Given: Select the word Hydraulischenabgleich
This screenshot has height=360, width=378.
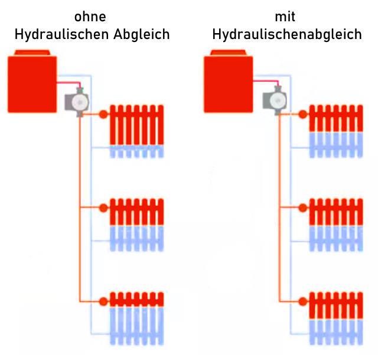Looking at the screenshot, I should click(287, 34).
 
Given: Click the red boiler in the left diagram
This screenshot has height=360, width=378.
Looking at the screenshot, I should click(32, 83).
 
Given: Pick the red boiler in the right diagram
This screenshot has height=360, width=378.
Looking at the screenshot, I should click(228, 83).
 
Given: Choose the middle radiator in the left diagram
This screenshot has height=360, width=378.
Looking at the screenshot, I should click(136, 225).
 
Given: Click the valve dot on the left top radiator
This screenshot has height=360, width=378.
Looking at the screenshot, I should click(103, 114).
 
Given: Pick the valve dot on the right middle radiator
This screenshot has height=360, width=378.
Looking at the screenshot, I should click(303, 207).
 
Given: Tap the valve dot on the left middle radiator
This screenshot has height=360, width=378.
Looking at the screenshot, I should click(103, 207).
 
